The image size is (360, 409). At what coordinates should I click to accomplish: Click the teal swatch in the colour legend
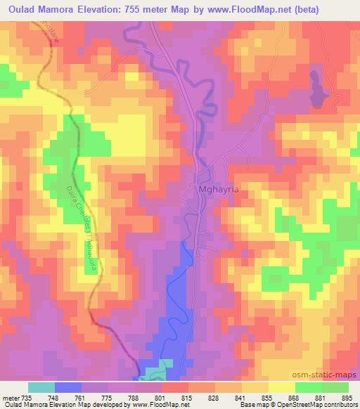[x=41, y=387]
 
